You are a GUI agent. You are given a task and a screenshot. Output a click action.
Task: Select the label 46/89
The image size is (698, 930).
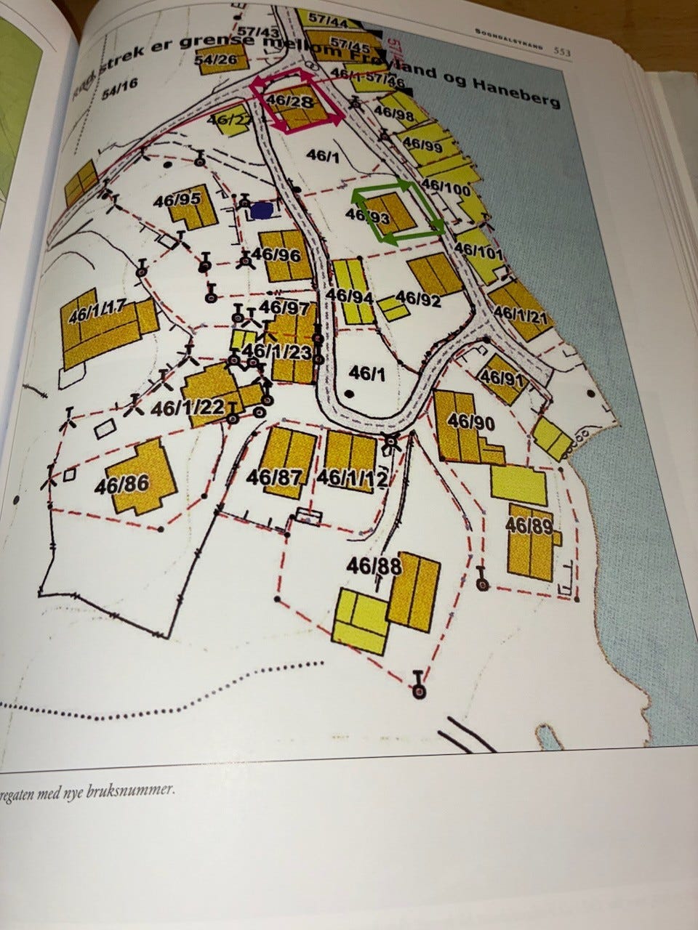coord(529,525)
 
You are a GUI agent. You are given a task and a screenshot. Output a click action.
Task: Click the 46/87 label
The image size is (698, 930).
coord(274,477)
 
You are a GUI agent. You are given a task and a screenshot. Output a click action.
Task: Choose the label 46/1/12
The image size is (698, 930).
coord(353,477)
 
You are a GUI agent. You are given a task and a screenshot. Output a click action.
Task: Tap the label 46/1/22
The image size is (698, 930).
coord(187,408)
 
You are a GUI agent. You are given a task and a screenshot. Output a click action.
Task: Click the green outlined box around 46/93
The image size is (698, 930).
coord(397,213)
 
